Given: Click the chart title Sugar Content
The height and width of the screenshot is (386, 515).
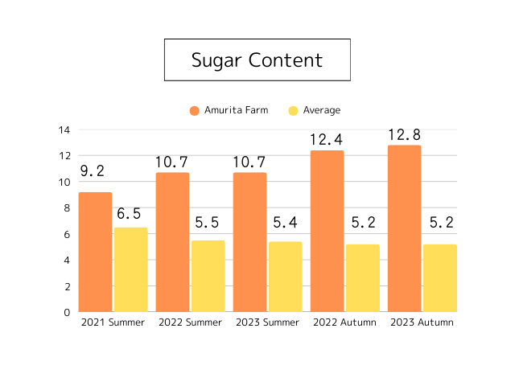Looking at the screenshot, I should (257, 60).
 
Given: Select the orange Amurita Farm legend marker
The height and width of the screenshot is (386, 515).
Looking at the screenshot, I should (195, 110).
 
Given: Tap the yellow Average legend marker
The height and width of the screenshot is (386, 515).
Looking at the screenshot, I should (295, 110).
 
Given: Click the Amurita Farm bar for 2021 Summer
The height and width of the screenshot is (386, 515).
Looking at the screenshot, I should (95, 252).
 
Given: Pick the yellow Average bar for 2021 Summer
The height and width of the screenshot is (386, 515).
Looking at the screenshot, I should (130, 269).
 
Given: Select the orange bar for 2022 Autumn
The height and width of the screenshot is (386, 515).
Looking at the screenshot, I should (327, 231).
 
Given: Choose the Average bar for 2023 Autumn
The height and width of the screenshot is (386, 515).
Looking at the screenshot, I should (439, 277).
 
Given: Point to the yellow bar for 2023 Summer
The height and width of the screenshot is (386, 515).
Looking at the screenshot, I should (285, 277).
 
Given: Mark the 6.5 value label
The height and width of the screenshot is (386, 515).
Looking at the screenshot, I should (129, 213).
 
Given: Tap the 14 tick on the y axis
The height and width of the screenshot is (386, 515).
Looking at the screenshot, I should (64, 129).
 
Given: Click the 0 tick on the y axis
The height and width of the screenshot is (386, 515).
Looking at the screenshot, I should (67, 312).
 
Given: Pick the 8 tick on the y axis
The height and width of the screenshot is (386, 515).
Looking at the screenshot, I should (67, 207).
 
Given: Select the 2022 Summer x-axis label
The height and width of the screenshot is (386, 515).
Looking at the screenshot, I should (190, 322).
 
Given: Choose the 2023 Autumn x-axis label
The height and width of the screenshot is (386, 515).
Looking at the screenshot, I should (422, 322).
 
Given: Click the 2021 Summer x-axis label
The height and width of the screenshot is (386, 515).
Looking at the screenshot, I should (113, 322).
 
